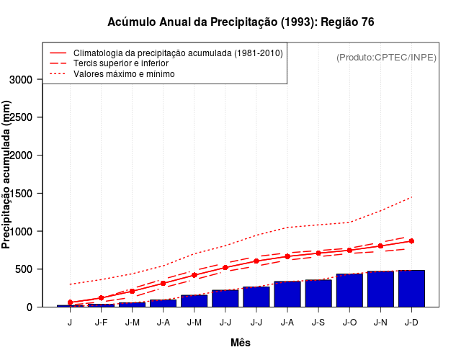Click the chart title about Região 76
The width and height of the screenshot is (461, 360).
[241, 22]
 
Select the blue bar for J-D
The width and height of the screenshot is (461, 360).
[411, 289]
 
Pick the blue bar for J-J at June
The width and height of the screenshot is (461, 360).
[225, 299]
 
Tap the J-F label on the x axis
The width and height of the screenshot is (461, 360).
[101, 322]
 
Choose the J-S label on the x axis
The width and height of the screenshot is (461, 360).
[318, 322]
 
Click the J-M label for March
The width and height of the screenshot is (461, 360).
[132, 322]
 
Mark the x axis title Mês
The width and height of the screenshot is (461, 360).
[241, 343]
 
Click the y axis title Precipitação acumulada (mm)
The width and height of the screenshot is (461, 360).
[7, 175]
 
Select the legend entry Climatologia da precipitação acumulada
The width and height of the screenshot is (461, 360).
[178, 53]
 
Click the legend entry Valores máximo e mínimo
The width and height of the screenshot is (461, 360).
[124, 73]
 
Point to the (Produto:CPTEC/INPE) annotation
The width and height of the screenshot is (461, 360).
[387, 57]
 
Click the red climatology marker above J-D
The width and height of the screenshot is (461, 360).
[411, 241]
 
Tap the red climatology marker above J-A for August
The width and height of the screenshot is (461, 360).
[287, 256]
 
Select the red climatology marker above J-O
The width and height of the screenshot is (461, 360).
[349, 251]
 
